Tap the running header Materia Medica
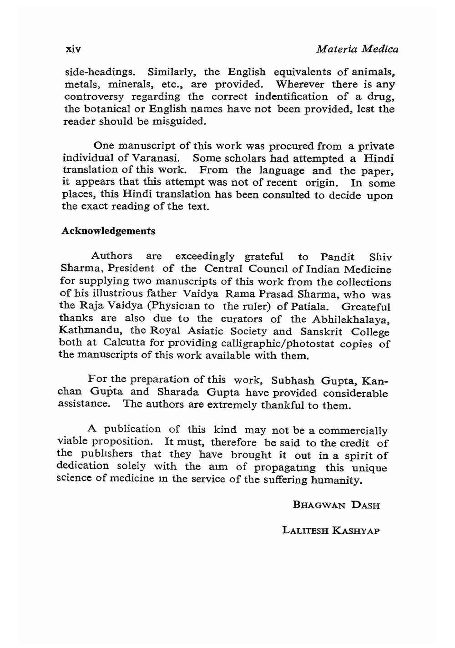pyautogui.click(x=357, y=49)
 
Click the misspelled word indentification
pyautogui.click(x=291, y=97)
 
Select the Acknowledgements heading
pyautogui.click(x=108, y=231)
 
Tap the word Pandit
pyautogui.click(x=337, y=257)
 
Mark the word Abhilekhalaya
pyautogui.click(x=355, y=319)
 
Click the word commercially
pyautogui.click(x=353, y=430)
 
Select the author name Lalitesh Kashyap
pyautogui.click(x=331, y=531)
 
